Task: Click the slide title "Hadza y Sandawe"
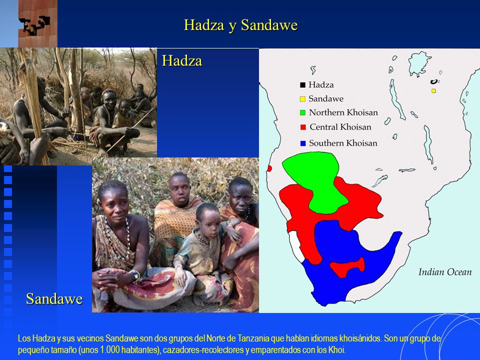[240, 25]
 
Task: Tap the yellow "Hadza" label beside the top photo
[182, 60]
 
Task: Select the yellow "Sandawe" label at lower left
[54, 299]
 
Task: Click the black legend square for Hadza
[303, 85]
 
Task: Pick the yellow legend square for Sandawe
[303, 99]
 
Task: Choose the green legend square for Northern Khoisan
[303, 112]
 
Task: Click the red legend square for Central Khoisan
[303, 127]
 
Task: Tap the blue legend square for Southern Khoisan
[303, 143]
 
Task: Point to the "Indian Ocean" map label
[445, 272]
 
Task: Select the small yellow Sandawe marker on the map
[433, 91]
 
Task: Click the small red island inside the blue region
[347, 267]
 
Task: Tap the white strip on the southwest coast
[296, 245]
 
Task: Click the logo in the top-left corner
[37, 23]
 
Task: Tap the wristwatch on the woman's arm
[135, 275]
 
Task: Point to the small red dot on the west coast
[269, 168]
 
